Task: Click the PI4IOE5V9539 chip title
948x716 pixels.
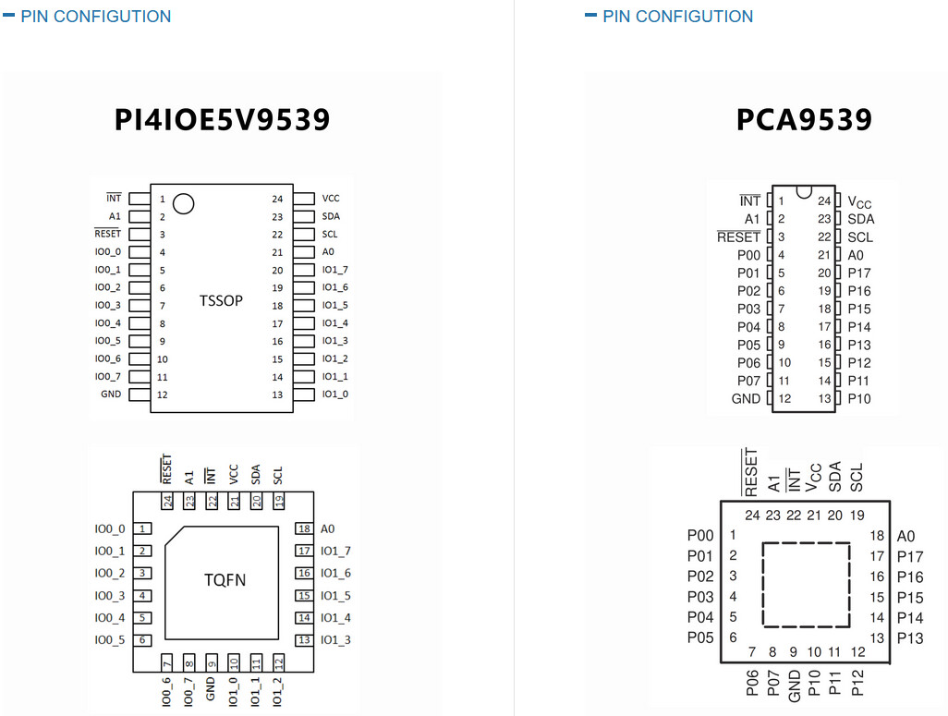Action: click(x=222, y=120)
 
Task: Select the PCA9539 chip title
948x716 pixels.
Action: click(x=804, y=120)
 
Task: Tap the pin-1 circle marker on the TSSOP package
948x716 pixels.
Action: click(x=183, y=204)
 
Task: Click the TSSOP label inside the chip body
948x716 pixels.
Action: click(x=221, y=300)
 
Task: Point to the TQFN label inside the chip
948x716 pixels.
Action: click(x=225, y=580)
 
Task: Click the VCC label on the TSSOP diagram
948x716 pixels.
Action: click(x=331, y=199)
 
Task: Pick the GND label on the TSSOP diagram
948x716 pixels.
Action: click(x=111, y=394)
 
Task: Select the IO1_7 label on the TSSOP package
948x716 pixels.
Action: click(x=335, y=270)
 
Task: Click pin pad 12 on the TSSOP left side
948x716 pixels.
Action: click(x=139, y=394)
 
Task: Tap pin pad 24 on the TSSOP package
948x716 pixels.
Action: click(x=304, y=199)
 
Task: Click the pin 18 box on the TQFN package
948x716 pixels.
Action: click(x=304, y=528)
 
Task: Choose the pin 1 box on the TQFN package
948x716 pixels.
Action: click(x=142, y=528)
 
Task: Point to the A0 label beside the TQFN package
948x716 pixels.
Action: click(x=327, y=529)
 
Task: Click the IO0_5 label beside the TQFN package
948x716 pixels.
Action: click(x=109, y=640)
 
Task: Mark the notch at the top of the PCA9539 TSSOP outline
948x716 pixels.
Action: click(x=804, y=192)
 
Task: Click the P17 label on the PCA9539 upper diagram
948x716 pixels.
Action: click(x=859, y=273)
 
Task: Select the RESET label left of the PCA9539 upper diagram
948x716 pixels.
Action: click(x=738, y=237)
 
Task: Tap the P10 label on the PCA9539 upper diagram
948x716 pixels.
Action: click(x=859, y=399)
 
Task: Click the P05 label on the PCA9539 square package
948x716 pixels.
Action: click(x=700, y=638)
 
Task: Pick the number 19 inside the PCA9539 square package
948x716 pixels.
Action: click(x=857, y=516)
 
